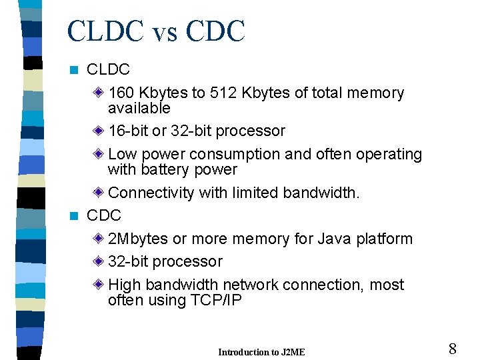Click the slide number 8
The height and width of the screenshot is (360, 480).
[x=452, y=349]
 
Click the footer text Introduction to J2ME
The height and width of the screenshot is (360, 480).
[x=261, y=352]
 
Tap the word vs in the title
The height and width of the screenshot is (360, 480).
[x=164, y=31]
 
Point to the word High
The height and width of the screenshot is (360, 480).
[x=124, y=285]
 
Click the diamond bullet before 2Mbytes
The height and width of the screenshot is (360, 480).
[x=99, y=239]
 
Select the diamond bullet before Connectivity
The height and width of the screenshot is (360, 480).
[x=99, y=193]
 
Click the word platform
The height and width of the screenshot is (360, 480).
[x=387, y=239]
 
